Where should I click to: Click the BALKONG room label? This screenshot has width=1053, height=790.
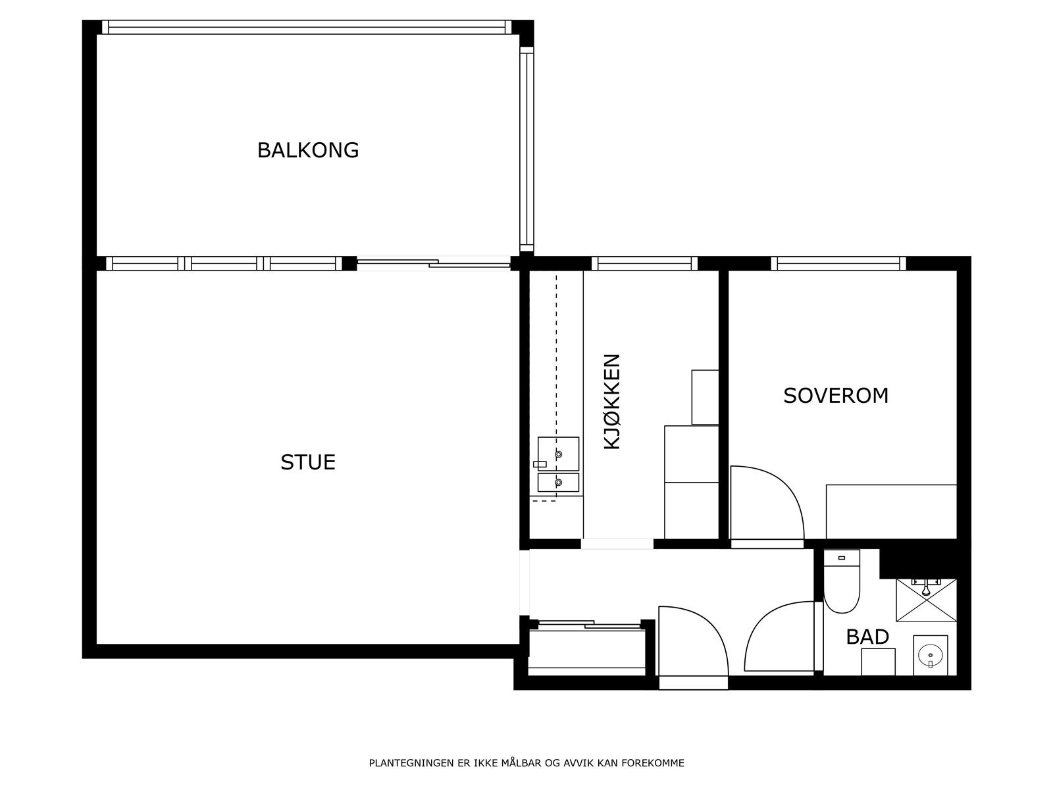[308, 150]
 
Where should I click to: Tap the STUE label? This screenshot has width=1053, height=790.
[308, 462]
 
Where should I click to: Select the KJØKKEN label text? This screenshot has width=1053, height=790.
[612, 402]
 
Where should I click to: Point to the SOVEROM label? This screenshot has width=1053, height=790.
[836, 396]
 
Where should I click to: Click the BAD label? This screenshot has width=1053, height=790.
[867, 637]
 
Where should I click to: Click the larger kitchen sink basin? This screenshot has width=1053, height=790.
[558, 453]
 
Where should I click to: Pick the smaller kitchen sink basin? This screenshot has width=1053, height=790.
[558, 483]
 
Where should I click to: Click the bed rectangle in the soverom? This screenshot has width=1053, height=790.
[891, 512]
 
